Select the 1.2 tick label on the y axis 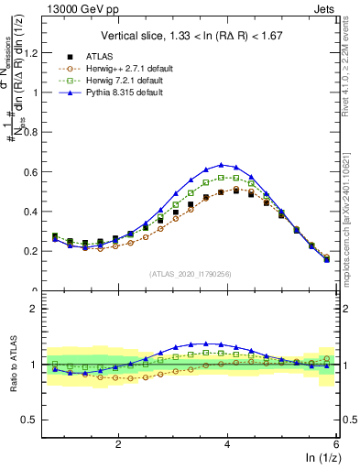click(x=34, y=53)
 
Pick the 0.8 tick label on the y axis click(x=34, y=132)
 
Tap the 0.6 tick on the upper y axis click(x=34, y=171)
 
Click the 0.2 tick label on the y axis click(x=34, y=250)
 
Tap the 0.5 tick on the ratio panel click(x=34, y=420)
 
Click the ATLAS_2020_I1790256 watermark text click(x=191, y=273)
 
